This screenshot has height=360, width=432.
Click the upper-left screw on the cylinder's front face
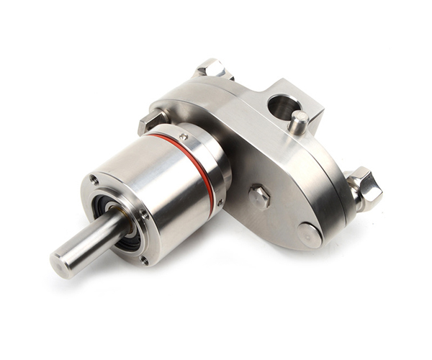94,180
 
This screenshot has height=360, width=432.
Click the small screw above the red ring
184,135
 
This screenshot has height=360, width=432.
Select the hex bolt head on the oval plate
259,195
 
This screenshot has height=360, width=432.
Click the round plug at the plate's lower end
310,235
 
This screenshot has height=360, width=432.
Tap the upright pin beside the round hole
299,122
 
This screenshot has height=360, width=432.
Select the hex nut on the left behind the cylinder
150,122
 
